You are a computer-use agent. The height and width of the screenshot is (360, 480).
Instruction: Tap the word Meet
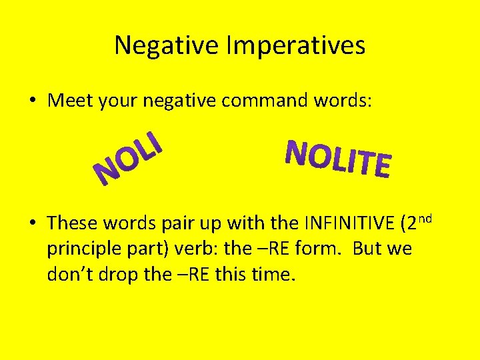pyautogui.click(x=71, y=101)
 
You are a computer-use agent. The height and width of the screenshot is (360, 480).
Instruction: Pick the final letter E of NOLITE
pyautogui.click(x=381, y=166)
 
